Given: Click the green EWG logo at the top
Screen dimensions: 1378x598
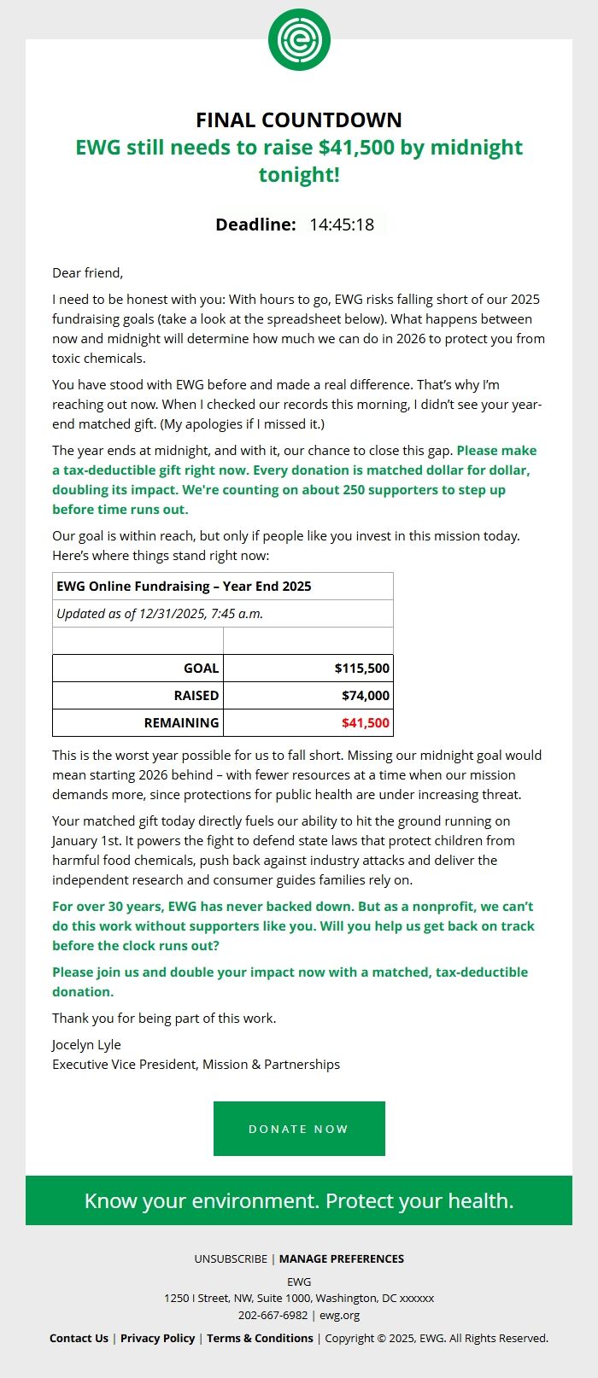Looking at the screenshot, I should coord(299,39).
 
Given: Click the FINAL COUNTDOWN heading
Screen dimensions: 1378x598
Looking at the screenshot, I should coord(299,120).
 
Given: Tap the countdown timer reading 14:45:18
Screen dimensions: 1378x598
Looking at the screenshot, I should coord(342,225).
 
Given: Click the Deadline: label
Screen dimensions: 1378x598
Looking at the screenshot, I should coord(255,225).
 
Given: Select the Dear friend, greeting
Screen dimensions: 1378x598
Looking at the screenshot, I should coord(88,273).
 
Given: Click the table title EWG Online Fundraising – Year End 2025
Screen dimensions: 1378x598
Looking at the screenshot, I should coord(184,587).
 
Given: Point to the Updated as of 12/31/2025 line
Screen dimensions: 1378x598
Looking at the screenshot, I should coord(160,614).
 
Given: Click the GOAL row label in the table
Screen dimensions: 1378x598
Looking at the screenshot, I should coord(202,669).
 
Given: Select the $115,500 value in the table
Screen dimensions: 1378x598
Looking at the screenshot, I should coord(362,669).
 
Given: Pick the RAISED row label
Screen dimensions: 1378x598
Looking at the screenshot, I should coord(196,696).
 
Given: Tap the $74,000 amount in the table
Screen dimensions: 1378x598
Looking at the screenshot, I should coord(366,696).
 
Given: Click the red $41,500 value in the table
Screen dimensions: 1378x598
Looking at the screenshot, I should coord(366,723).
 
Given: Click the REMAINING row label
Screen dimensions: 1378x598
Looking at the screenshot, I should coord(181,723).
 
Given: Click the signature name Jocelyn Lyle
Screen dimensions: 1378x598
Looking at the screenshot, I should coord(86,1045).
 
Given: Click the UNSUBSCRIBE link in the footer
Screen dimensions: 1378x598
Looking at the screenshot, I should coord(231,1259).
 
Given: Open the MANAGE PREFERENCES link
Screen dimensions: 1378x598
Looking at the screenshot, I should coord(342,1259).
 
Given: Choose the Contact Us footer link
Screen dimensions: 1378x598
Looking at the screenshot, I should coord(79,1339).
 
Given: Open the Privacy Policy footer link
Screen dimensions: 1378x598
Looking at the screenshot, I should coord(157,1339).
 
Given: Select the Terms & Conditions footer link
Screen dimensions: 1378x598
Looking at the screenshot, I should coord(260,1339).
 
